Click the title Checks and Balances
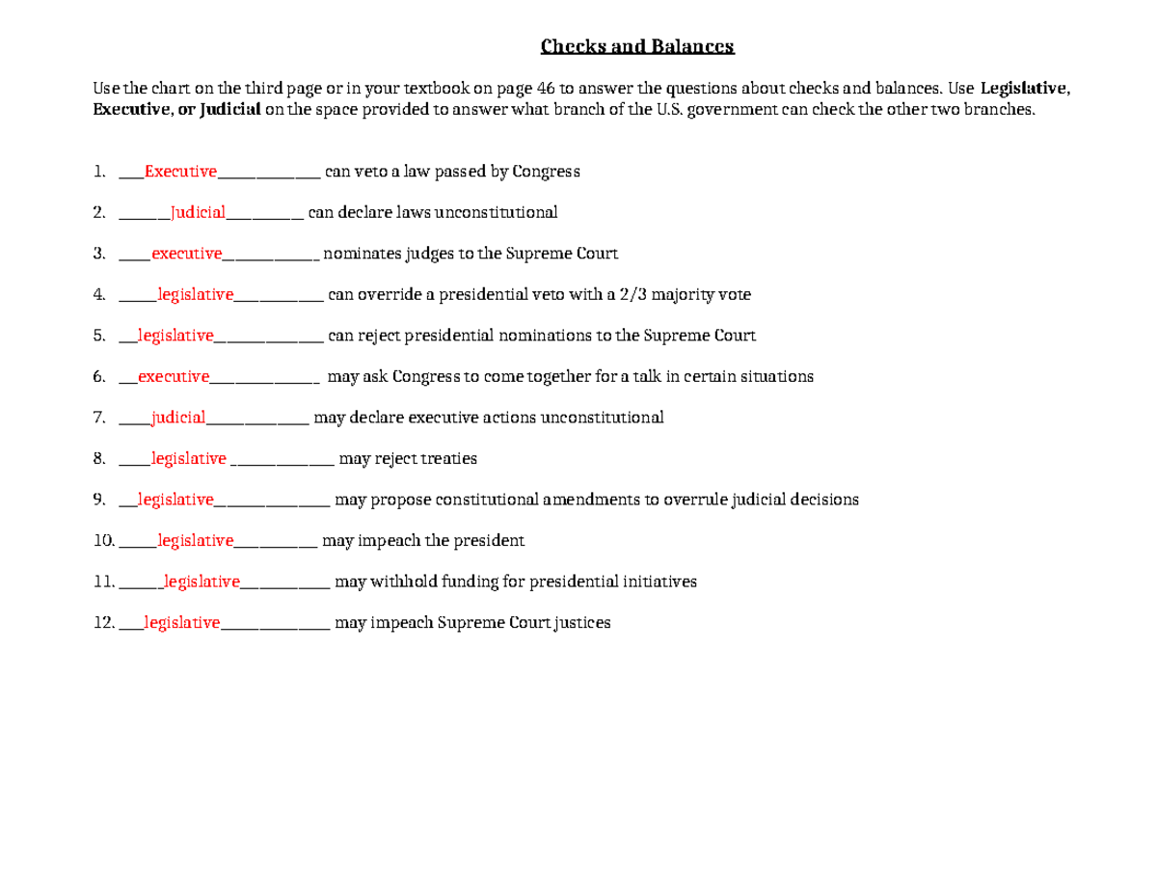(x=636, y=46)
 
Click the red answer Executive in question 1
(x=180, y=172)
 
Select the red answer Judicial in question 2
(x=198, y=212)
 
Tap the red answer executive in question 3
(x=186, y=254)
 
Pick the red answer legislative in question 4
(x=195, y=294)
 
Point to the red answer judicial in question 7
(x=178, y=418)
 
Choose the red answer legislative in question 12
(x=182, y=623)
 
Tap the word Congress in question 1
(x=546, y=172)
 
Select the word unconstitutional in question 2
(x=496, y=212)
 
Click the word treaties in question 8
(x=448, y=459)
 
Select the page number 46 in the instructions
(x=545, y=89)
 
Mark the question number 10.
(x=103, y=541)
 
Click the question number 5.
(x=99, y=336)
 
